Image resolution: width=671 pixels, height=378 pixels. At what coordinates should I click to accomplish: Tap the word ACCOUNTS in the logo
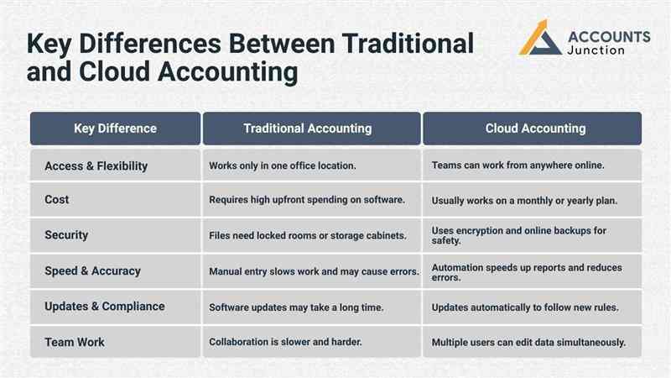point(609,36)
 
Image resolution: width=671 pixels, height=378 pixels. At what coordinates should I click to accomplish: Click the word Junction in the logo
point(596,50)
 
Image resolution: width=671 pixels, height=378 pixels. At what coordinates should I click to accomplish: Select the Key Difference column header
point(115,129)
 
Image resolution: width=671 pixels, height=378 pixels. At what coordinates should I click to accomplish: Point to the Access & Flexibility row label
point(96,165)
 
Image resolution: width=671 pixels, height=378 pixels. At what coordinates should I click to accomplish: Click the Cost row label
point(57,200)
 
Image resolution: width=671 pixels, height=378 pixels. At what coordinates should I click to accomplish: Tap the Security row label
point(66,235)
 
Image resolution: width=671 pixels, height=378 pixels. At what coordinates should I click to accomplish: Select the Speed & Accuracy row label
point(92,271)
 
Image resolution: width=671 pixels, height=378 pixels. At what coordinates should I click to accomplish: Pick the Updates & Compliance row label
point(104,307)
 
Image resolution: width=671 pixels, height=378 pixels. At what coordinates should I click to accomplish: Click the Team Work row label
point(74,342)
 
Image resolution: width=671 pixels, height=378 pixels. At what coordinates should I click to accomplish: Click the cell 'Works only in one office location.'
point(283,166)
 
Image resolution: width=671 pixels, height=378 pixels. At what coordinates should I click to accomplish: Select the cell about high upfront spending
point(307,200)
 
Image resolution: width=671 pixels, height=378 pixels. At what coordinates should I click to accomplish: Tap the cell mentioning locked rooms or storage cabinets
point(308,236)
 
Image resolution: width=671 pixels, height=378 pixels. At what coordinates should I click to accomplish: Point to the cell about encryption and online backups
point(519,235)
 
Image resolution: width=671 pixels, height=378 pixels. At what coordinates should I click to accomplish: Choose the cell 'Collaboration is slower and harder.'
point(286,343)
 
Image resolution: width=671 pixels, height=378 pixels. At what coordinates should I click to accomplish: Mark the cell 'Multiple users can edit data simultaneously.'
point(528,343)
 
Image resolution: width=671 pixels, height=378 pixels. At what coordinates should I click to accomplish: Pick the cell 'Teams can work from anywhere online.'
point(518,165)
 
